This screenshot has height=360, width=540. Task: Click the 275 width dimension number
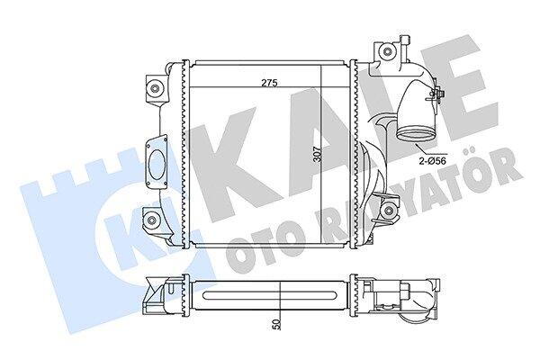click(x=269, y=83)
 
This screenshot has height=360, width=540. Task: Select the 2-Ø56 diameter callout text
click(x=434, y=160)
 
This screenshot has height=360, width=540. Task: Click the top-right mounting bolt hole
click(x=387, y=51)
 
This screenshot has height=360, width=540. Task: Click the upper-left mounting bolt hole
click(x=155, y=88)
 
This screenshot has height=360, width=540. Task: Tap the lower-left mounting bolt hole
click(x=151, y=220)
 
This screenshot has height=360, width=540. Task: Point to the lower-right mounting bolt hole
click(x=389, y=209)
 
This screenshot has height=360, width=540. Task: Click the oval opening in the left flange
click(x=158, y=164)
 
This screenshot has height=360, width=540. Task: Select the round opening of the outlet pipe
click(x=415, y=133)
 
